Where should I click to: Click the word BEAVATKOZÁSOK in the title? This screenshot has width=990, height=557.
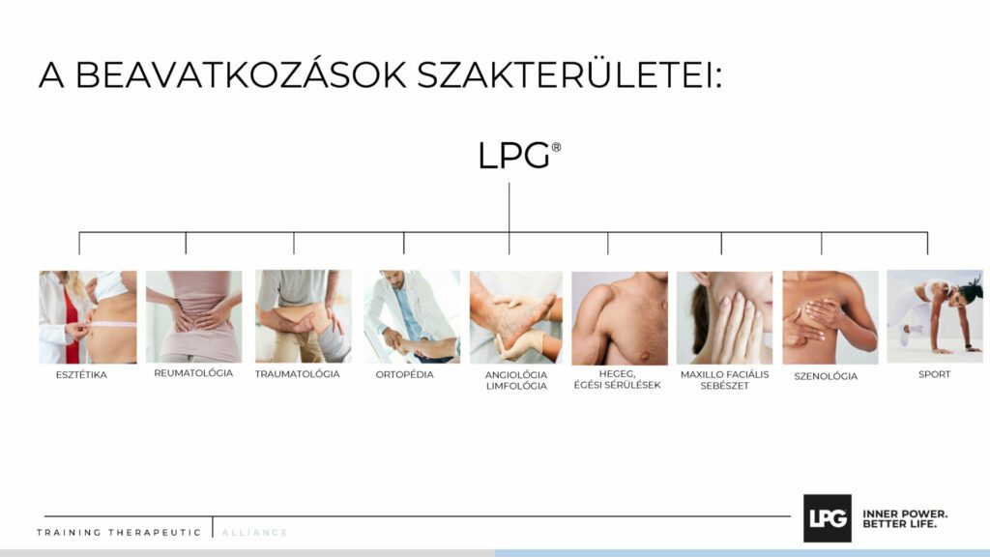[x=241, y=75]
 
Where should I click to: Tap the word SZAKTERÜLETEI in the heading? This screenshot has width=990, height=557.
[x=569, y=75]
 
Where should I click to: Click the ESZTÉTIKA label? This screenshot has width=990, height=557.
[x=81, y=374]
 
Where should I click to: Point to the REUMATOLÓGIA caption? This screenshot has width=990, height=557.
[x=193, y=373]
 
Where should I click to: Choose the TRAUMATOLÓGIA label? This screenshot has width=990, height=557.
[x=298, y=374]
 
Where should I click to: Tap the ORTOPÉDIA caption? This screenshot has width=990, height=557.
[x=405, y=374]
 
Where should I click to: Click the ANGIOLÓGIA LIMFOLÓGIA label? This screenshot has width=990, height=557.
[x=516, y=380]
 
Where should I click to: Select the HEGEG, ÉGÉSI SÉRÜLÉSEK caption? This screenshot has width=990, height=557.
[x=618, y=379]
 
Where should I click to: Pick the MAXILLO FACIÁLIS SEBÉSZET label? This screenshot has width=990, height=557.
[x=725, y=379]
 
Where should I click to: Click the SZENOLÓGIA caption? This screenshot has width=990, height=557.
[x=826, y=376]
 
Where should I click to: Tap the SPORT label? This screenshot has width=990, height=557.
[x=935, y=374]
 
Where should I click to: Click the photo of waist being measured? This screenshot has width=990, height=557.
[x=88, y=317]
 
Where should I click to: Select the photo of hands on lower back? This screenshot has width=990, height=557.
[x=193, y=317]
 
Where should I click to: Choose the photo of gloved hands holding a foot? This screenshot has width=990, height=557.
[x=516, y=317]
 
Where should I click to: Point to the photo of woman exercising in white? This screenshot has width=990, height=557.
[x=935, y=316]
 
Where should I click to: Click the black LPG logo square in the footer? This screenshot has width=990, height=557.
[x=828, y=518]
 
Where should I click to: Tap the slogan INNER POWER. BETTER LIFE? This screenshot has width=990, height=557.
[x=905, y=519]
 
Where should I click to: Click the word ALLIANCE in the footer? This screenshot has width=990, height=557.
[x=254, y=533]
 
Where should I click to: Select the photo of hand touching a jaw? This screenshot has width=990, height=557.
[x=725, y=318]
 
